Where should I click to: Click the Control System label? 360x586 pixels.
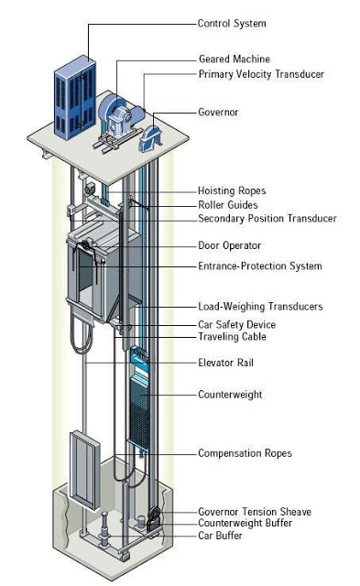(x=234, y=23)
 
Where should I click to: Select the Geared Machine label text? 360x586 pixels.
(x=234, y=60)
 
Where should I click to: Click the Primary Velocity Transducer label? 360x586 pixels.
(x=261, y=74)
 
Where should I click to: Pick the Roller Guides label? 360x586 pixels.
(x=228, y=205)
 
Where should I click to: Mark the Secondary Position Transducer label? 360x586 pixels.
(x=267, y=219)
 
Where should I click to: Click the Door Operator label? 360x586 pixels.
(x=230, y=245)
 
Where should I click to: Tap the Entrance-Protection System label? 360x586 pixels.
(x=260, y=266)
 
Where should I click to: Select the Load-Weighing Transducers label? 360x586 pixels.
(x=260, y=307)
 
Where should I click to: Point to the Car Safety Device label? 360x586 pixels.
(x=236, y=324)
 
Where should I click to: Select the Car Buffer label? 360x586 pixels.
(x=221, y=536)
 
